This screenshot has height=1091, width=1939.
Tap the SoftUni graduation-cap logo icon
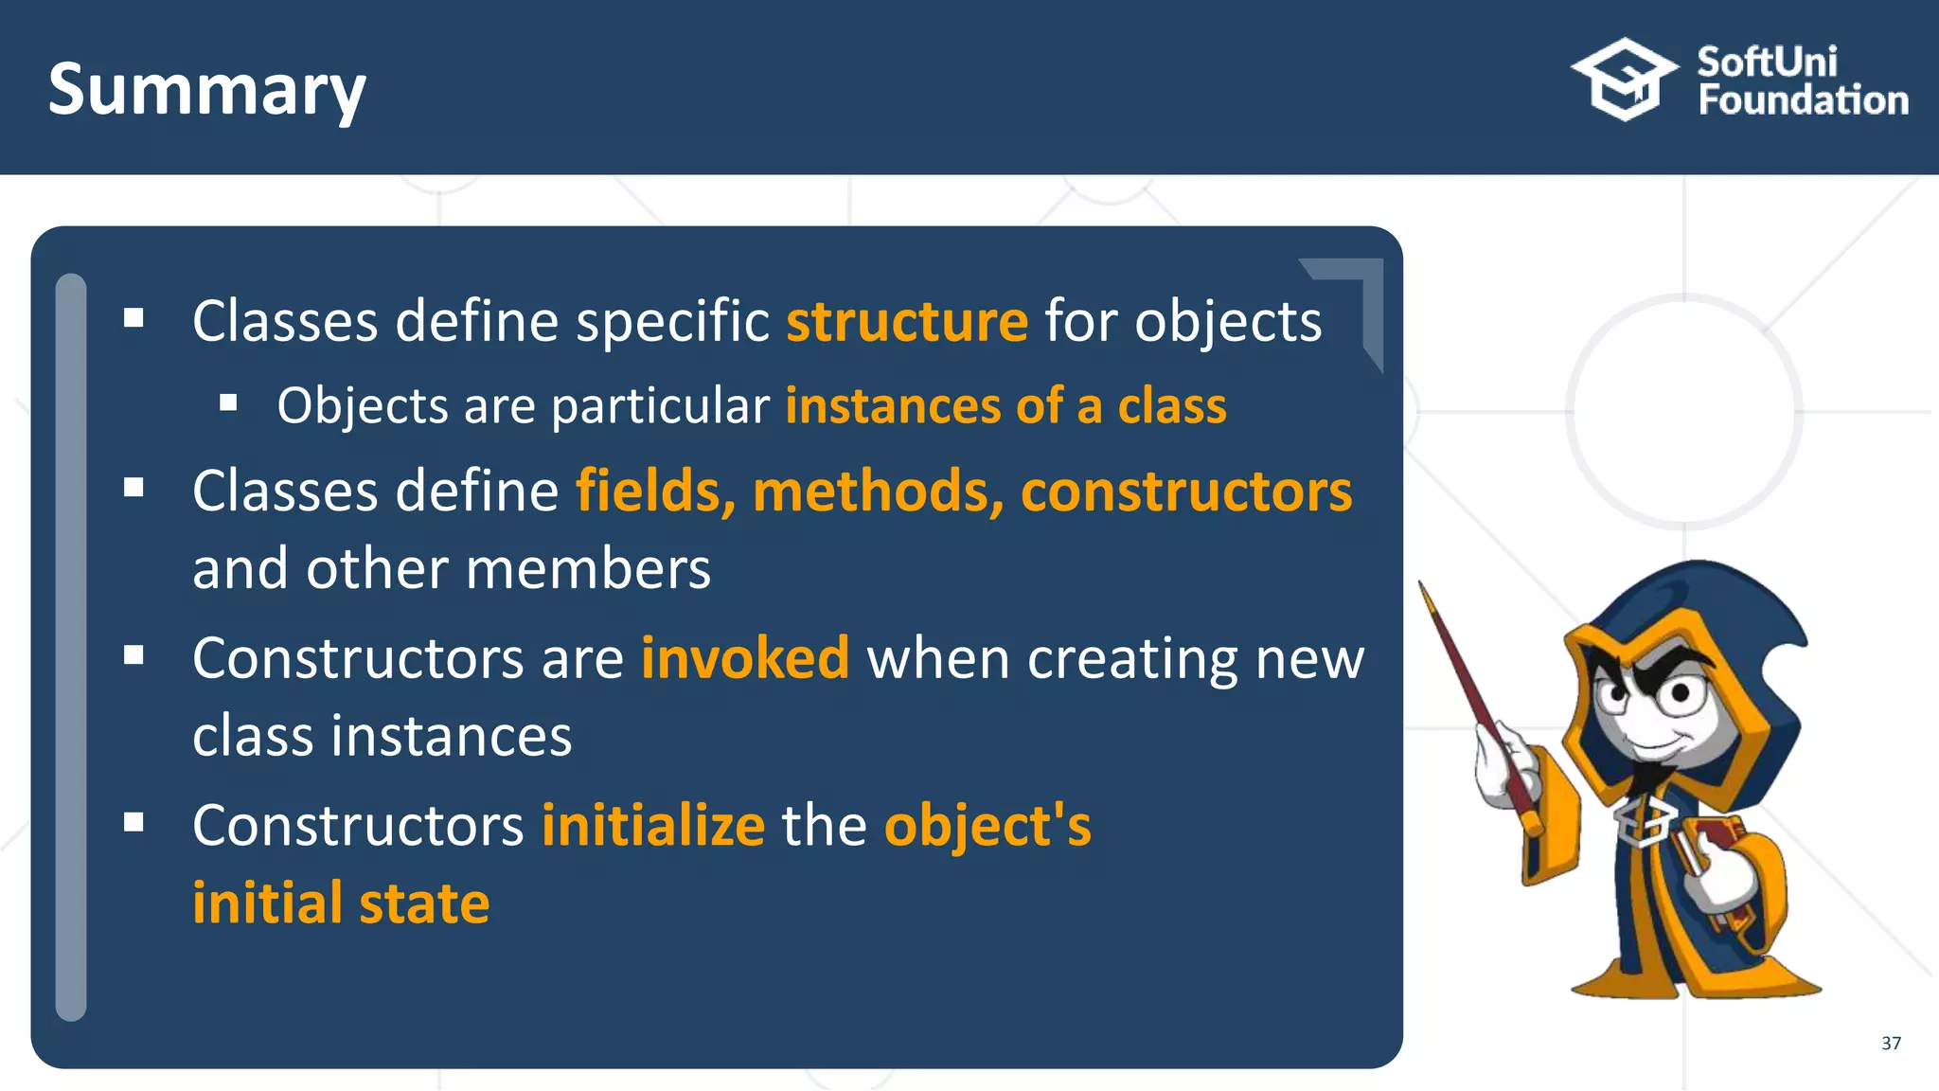pos(1625,80)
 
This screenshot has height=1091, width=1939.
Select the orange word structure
pos(906,321)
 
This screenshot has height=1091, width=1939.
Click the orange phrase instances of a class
pos(1005,406)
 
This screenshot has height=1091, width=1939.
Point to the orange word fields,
pos(655,492)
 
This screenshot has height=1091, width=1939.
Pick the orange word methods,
pos(878,492)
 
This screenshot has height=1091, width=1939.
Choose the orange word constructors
pos(1186,492)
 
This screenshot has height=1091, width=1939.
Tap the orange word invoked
pos(745,658)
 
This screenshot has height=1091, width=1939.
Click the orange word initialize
pos(653,826)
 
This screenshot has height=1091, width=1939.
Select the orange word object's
pos(987,826)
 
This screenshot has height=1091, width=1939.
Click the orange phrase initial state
pos(341,903)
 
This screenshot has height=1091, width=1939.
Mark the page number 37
pos(1891,1043)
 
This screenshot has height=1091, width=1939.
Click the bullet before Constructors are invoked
pos(133,655)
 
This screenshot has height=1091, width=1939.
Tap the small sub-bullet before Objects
pos(228,404)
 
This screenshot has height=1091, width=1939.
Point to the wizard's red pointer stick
pos(1477,701)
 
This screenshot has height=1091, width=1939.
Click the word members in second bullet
pos(588,570)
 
